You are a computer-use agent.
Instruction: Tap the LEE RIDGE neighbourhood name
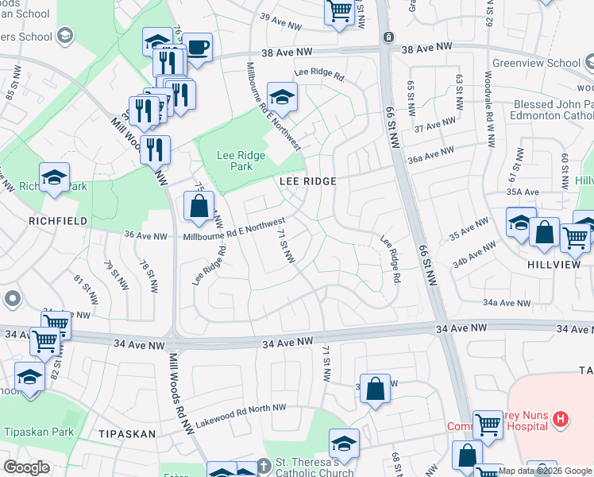pyautogui.click(x=308, y=181)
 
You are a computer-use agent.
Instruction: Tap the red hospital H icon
pyautogui.click(x=561, y=418)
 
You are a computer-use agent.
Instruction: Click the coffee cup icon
pyautogui.click(x=196, y=46)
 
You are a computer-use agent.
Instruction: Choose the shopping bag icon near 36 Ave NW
pyautogui.click(x=198, y=207)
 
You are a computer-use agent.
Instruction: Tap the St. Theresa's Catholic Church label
pyautogui.click(x=314, y=467)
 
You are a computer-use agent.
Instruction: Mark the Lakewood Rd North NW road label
pyautogui.click(x=241, y=414)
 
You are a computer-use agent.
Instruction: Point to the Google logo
pyautogui.click(x=26, y=467)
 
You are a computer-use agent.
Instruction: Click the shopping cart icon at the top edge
pyautogui.click(x=339, y=11)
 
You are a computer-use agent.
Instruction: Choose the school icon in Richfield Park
pyautogui.click(x=54, y=178)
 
